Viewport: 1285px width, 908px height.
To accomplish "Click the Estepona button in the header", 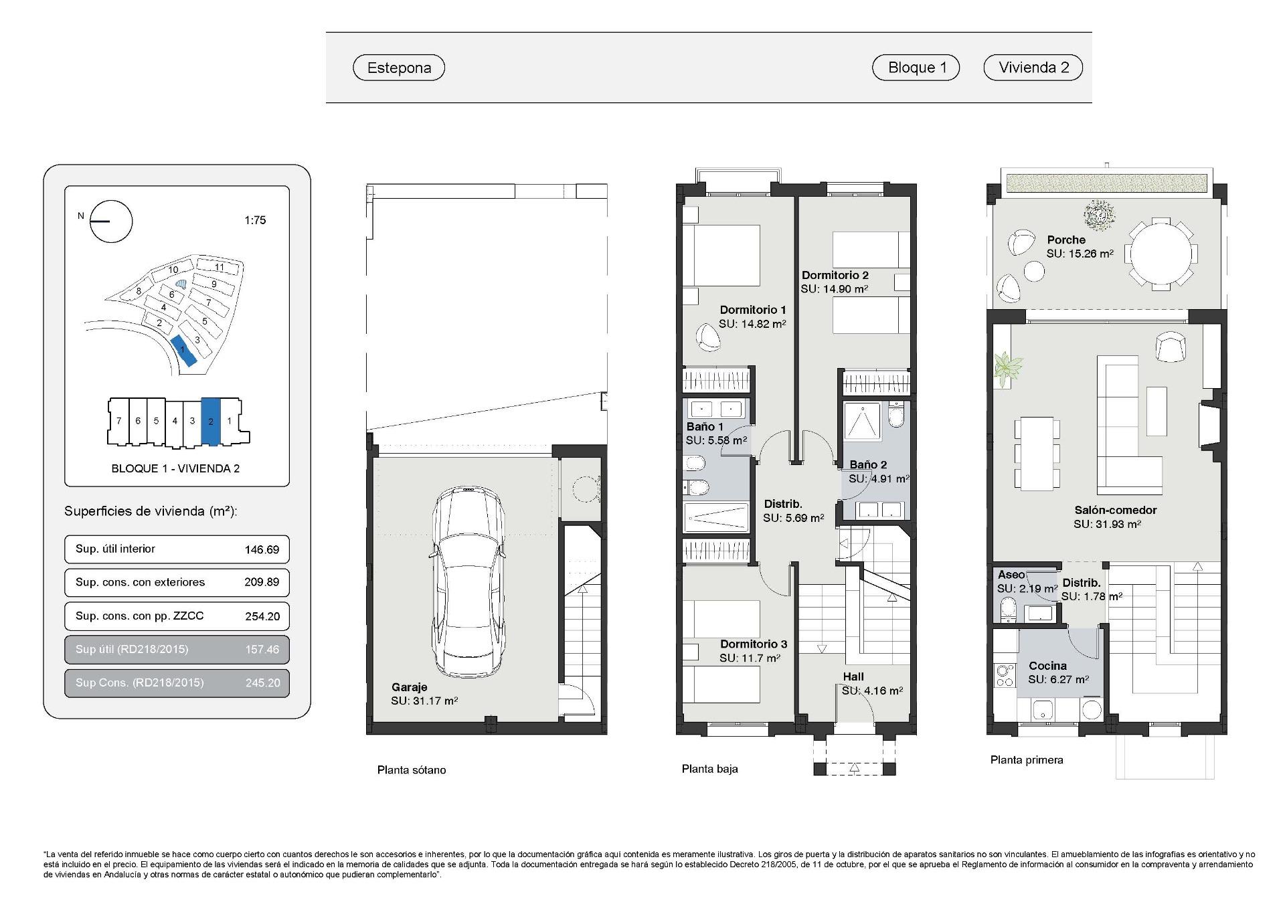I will pos(399,68).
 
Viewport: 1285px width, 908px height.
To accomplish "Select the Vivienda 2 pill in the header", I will pos(1033,68).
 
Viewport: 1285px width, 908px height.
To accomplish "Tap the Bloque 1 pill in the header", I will pos(916,68).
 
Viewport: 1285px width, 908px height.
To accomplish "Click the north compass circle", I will pos(112,221).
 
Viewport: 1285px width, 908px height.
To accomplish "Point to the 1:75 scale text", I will pos(255,220).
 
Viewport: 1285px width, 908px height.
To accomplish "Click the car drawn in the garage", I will pos(466,582).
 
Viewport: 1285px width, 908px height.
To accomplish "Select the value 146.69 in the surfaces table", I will pos(262,549).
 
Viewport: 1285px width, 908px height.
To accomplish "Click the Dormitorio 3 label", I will pos(753,644).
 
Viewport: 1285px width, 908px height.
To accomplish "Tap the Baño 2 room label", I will pos(868,464).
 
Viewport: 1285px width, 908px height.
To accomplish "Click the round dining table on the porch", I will pos(1161,254).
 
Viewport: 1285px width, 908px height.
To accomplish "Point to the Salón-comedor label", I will pos(1115,510).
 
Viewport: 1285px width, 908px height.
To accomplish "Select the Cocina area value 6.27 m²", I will pos(1058,679).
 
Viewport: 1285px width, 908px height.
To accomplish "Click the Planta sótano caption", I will pos(411,769).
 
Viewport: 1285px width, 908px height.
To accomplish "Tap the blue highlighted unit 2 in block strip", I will pos(210,422).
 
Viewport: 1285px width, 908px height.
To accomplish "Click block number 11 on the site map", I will pos(219,267).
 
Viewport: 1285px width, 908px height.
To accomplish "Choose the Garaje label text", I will pos(409,687).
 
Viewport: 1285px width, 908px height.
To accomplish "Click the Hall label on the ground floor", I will pos(853,676).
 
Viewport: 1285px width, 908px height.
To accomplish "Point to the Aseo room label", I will pos(1011,575).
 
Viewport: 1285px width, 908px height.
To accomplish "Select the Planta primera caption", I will pos(1026,759).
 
